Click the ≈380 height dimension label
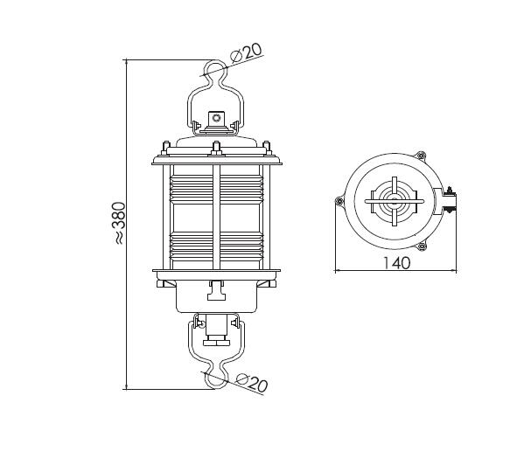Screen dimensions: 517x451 tap(119, 223)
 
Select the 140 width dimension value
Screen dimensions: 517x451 tap(396, 263)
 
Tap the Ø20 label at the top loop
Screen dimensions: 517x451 tap(247, 52)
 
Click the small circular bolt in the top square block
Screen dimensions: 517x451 tap(216, 118)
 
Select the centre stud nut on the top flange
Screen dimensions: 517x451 tap(216, 148)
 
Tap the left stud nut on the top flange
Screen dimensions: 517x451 tap(165, 149)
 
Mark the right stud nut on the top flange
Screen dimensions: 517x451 tap(267, 149)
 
